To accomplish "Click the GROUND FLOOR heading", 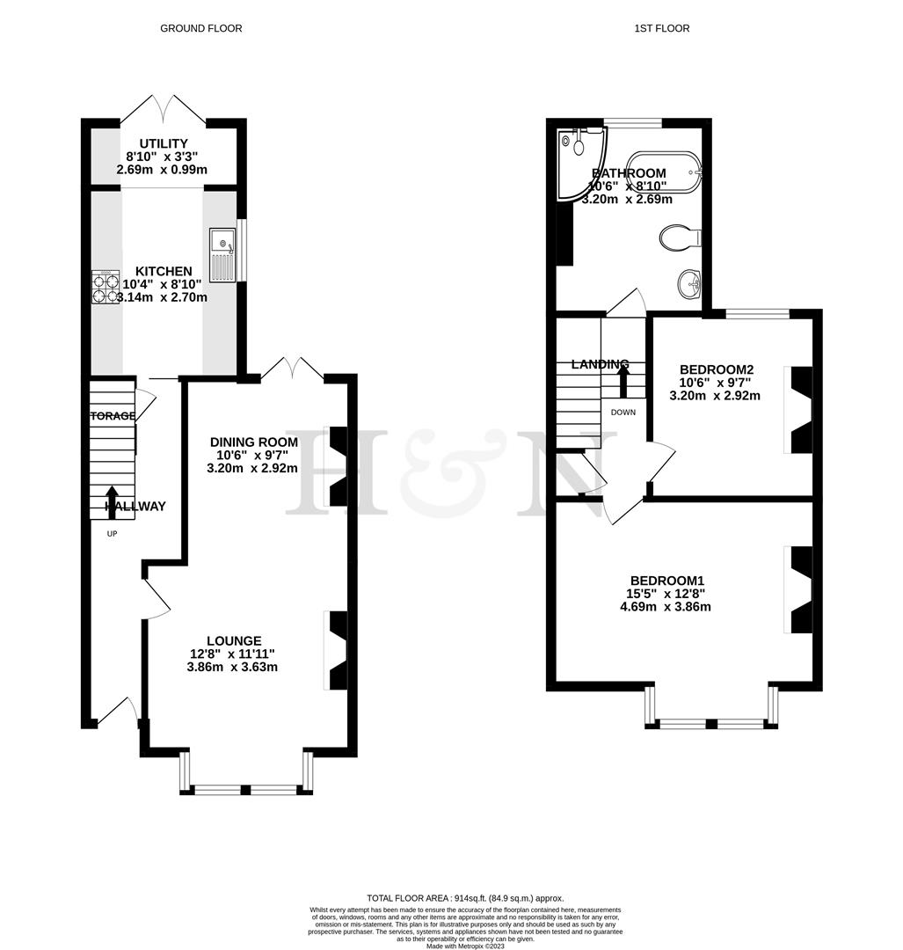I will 200,28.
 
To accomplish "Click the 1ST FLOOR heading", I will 661,28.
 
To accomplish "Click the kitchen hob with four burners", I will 106,286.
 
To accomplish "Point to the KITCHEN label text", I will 164,272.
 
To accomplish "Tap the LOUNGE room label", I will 234,640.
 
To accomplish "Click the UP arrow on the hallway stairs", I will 112,501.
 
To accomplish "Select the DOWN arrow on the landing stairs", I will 623,380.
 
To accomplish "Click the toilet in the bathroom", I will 679,237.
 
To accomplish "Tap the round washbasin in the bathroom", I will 689,283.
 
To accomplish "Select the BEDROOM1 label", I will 666,581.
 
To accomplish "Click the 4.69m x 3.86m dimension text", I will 666,607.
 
